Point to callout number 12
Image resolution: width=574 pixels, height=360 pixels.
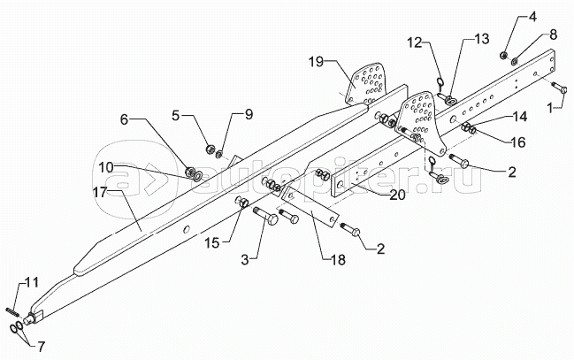[x=416, y=42]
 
